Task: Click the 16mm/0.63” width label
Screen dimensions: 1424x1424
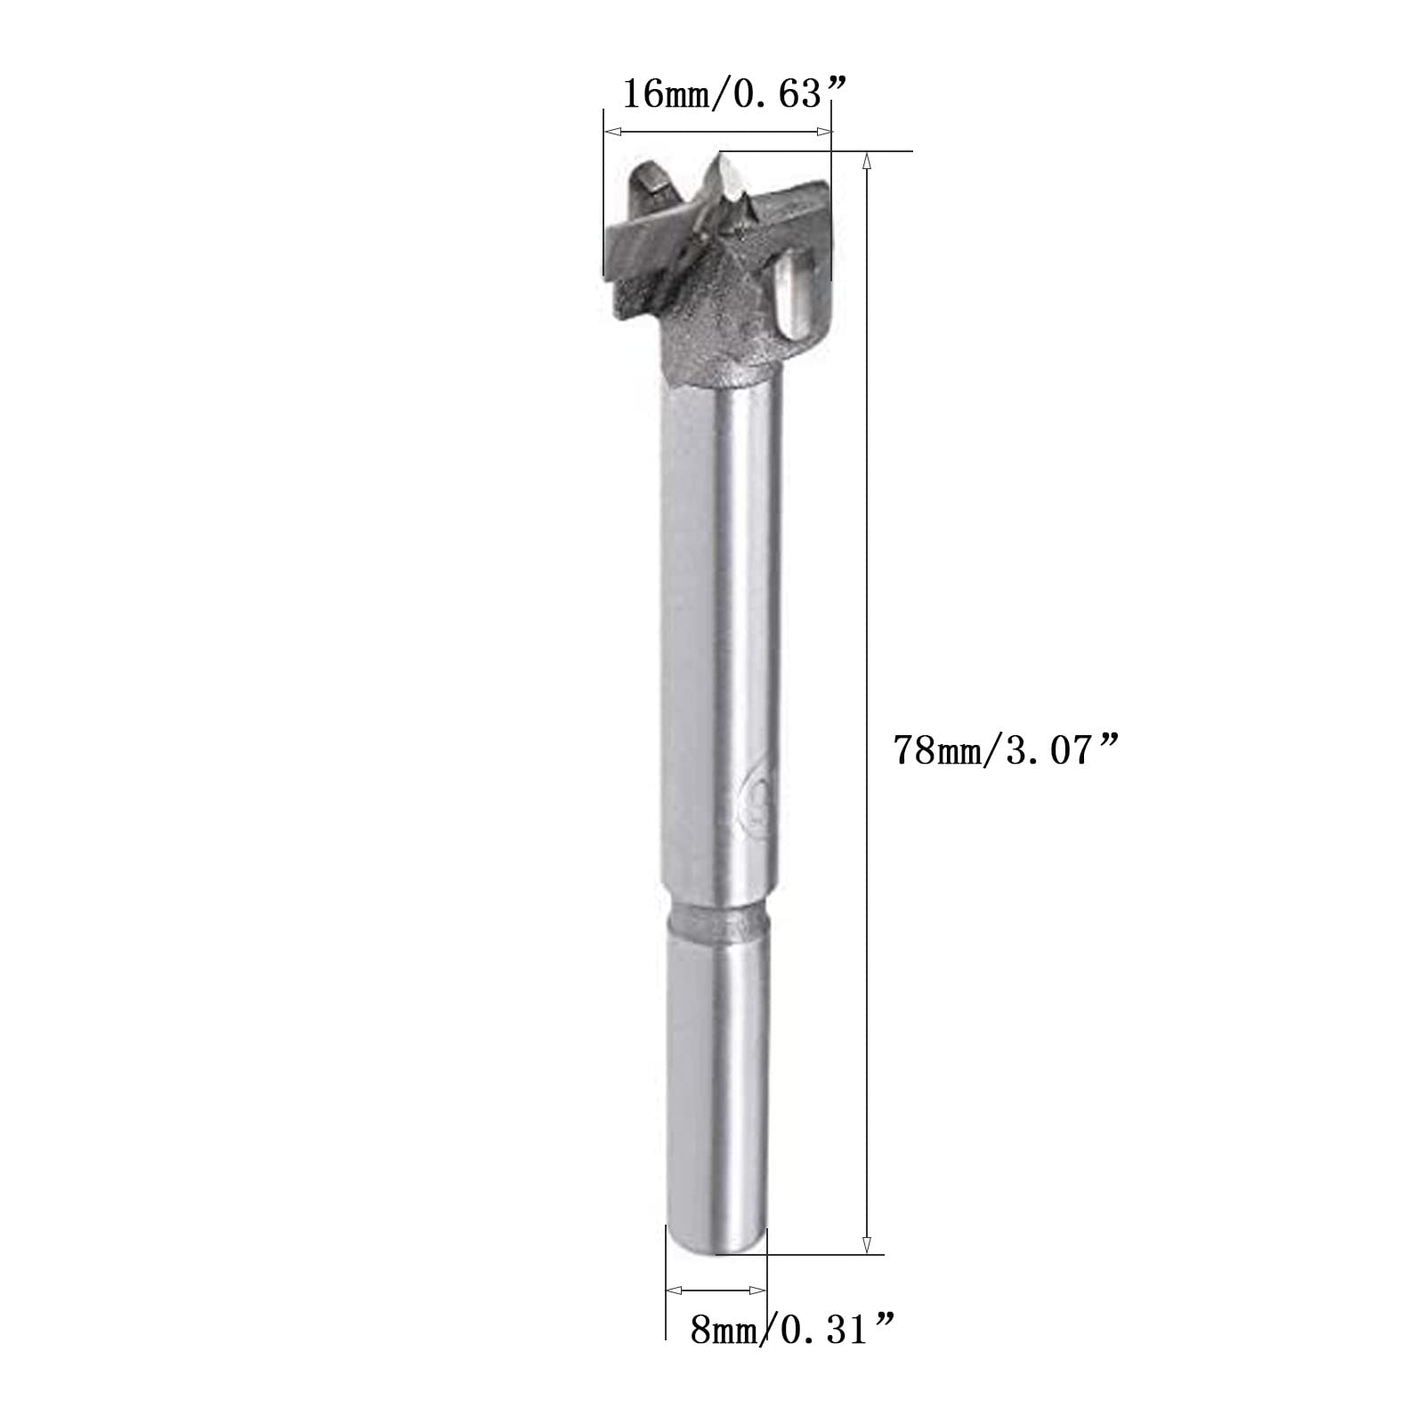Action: point(733,93)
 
